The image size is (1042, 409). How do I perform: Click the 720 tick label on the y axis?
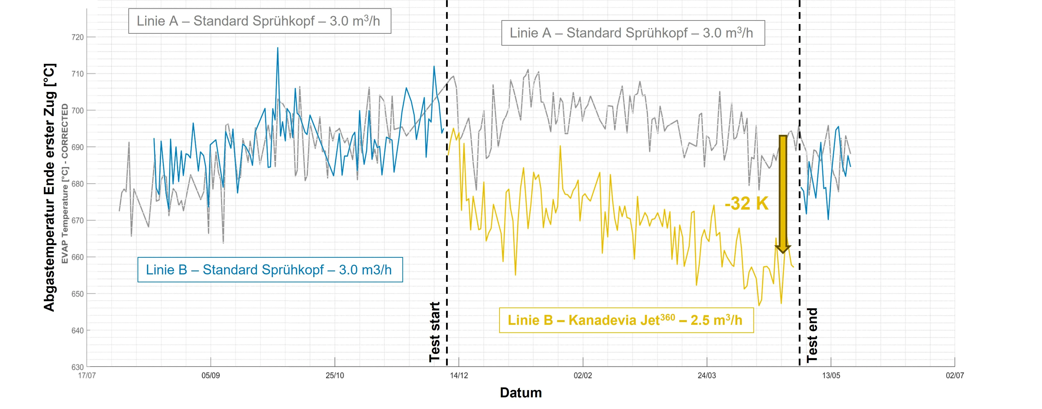(x=77, y=37)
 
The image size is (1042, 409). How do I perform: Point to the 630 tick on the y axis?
(x=77, y=367)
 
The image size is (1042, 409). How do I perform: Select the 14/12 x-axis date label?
(x=459, y=375)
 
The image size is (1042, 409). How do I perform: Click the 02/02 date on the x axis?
(x=583, y=375)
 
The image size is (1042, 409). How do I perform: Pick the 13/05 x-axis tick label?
(x=831, y=375)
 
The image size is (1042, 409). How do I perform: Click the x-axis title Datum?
(x=521, y=392)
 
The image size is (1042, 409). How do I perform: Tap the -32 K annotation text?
(x=746, y=203)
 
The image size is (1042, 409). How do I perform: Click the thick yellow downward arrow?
(x=783, y=194)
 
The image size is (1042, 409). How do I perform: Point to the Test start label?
(x=434, y=332)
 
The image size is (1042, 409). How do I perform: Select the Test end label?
(x=812, y=335)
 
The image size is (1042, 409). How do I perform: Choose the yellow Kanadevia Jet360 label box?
(x=626, y=320)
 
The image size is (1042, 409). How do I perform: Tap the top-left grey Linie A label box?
(x=260, y=21)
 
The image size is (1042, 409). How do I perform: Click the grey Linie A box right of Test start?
(x=633, y=33)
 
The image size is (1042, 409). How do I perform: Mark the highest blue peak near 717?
(x=278, y=48)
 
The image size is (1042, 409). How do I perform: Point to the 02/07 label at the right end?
(x=955, y=375)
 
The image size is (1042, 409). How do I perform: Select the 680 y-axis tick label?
(x=77, y=184)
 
